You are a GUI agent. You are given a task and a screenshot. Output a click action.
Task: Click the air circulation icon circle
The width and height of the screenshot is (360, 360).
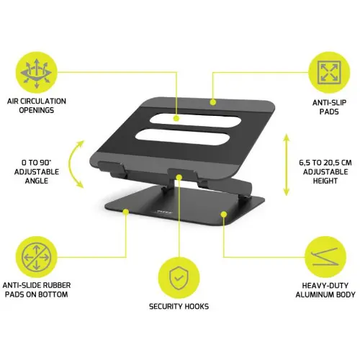tap(37, 73)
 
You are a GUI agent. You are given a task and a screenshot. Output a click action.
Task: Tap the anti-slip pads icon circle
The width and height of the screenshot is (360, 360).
tap(329, 73)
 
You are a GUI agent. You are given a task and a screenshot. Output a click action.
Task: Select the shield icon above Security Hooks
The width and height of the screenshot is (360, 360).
tap(179, 278)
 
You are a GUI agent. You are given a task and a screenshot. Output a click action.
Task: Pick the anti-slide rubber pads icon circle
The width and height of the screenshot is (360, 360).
tap(37, 257)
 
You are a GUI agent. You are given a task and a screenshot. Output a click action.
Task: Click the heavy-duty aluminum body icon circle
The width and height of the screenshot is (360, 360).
tap(325, 257)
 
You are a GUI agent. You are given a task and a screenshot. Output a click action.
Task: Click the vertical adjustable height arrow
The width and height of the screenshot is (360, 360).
tap(287, 165)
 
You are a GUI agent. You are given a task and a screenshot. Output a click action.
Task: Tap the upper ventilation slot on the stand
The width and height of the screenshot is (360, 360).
tap(195, 120)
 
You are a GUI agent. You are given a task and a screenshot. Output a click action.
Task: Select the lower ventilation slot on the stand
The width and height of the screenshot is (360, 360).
tap(181, 137)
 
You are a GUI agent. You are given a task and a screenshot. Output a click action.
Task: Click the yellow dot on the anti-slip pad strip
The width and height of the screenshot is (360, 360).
tap(213, 102)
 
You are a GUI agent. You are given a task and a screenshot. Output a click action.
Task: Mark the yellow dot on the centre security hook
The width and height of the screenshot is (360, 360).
tap(179, 177)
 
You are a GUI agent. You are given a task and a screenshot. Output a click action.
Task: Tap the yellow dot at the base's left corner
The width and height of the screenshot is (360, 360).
tap(126, 212)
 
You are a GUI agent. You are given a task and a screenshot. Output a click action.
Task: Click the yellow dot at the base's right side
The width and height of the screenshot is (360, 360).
tap(224, 215)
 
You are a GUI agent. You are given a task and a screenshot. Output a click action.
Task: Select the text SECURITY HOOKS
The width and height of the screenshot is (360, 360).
tap(179, 307)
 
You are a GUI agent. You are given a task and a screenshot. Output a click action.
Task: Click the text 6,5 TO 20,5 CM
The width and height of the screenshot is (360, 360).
tap(325, 163)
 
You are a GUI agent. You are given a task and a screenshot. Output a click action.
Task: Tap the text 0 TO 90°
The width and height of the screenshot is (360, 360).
tap(37, 163)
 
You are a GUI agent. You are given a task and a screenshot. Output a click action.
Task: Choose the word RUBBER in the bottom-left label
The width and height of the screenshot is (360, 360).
tap(57, 285)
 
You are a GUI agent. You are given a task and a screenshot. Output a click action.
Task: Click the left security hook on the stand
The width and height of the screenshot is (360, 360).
tap(111, 166)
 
